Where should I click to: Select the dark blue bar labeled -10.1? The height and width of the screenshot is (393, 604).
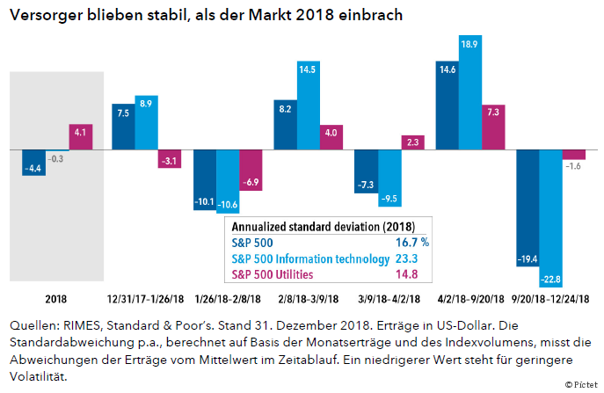(204, 180)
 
